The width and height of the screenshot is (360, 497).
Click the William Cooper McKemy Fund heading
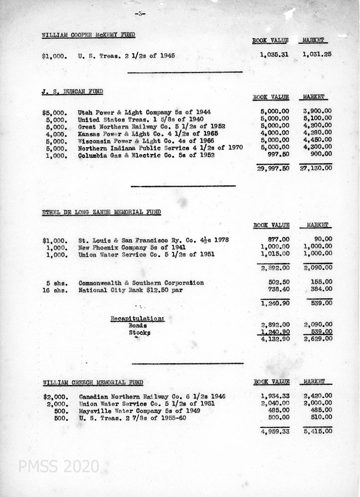[x=89, y=35]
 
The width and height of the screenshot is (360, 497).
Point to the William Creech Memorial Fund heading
[x=92, y=382]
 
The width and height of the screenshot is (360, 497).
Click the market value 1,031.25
[x=316, y=54]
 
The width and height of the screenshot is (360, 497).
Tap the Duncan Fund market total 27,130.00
[x=315, y=168]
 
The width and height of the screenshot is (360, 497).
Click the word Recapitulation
[x=137, y=318]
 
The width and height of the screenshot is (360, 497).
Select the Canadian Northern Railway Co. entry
[x=152, y=396]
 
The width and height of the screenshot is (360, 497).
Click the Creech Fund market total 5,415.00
[x=317, y=431]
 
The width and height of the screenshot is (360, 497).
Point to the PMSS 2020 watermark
[x=59, y=467]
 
